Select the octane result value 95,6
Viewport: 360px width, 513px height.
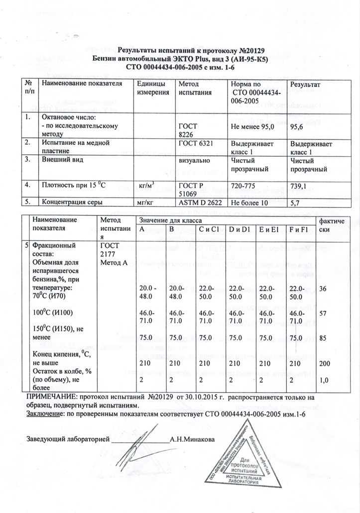tap(298, 127)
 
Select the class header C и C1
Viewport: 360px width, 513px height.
tap(209, 229)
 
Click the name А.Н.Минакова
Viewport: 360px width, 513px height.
tap(193, 440)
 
